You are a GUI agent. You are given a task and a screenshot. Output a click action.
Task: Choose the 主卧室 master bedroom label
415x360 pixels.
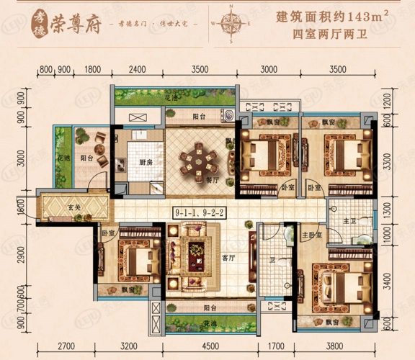click(311, 235)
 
